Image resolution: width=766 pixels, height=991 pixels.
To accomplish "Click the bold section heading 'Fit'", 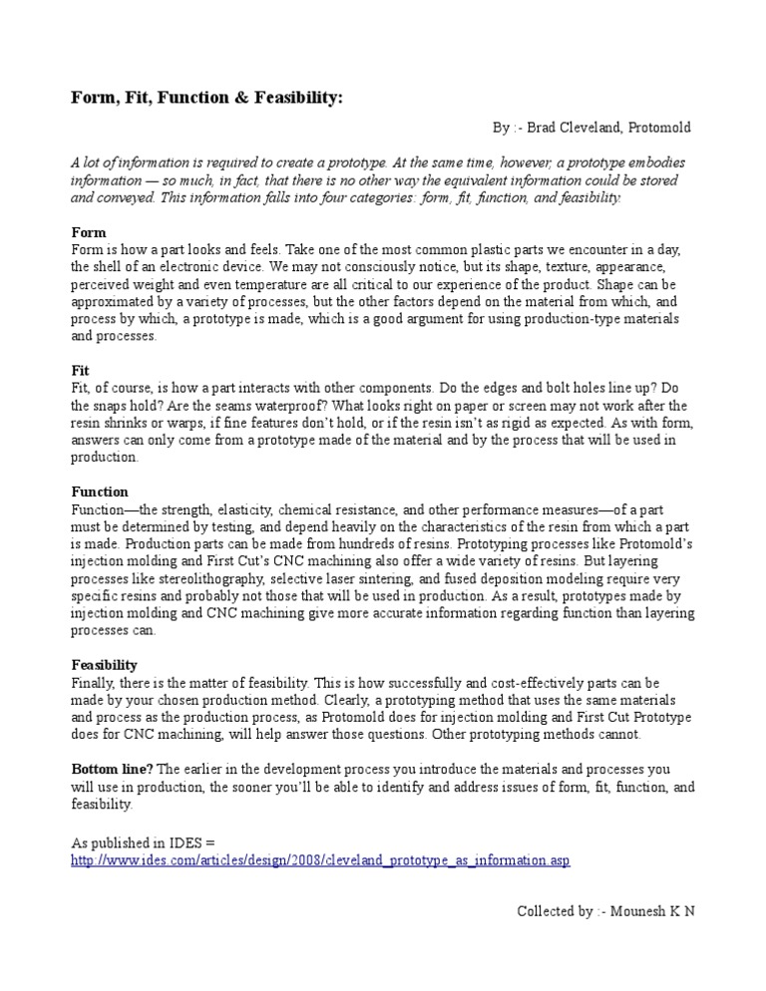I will click(x=81, y=369).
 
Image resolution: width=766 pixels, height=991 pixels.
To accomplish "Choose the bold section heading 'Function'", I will click(x=100, y=492).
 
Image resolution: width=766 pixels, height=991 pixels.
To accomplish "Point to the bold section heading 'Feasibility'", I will click(x=105, y=664).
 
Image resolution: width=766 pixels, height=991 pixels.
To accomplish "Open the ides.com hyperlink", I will click(x=320, y=859).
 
